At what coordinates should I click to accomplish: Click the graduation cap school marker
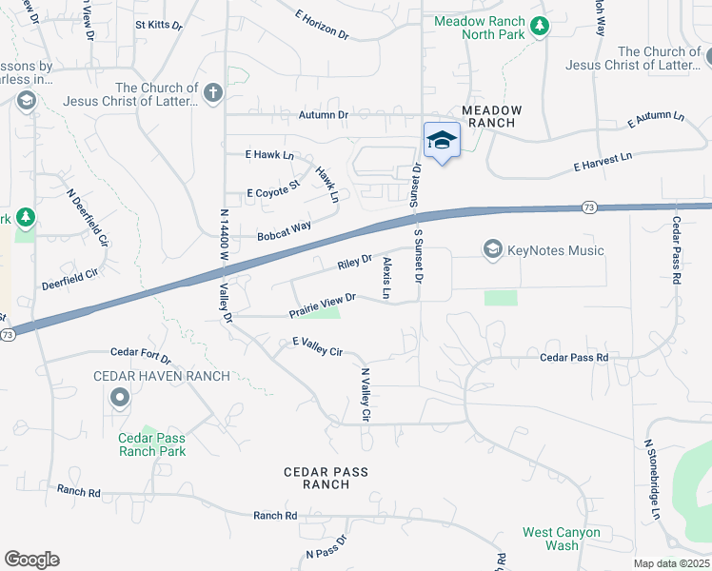pos(442,142)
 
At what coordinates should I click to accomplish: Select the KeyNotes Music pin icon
pos(492,250)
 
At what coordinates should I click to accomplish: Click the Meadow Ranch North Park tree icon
pos(541,27)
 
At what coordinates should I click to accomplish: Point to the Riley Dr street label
pos(353,262)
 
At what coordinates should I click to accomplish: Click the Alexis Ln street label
pos(386,278)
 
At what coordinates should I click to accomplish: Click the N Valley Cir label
pos(365,395)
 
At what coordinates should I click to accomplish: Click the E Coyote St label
pos(273,189)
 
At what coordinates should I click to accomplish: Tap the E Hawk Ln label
pos(269,155)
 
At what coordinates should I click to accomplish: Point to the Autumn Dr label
pos(324,115)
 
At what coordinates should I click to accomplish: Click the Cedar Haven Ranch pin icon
pos(119,399)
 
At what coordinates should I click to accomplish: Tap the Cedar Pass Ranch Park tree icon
pos(151,433)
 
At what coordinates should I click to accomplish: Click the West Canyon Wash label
pos(561,539)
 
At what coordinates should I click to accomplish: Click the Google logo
pos(31,559)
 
